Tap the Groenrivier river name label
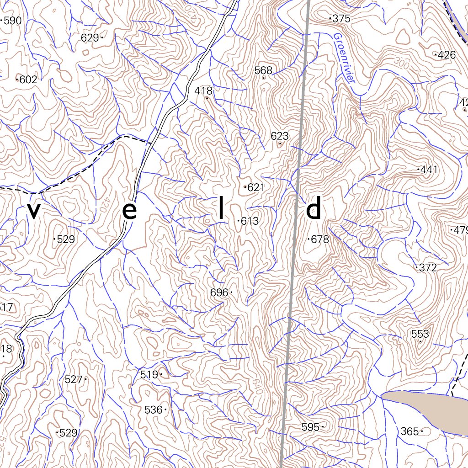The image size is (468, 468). coord(344,58)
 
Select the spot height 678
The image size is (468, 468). coord(319,239)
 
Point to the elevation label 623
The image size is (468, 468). coord(280,136)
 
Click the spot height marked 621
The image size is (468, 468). coord(256,187)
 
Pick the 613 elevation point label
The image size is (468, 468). coord(250,221)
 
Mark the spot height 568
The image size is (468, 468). coord(263,70)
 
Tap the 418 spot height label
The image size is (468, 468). coord(203,90)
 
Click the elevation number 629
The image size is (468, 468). coord(90,38)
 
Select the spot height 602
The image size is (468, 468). coord(28,80)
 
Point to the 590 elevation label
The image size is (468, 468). coord(12,21)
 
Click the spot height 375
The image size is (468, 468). coord(341,19)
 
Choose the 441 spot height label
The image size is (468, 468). coord(429,170)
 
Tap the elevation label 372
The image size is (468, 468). coord(428,268)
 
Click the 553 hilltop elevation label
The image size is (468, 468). coord(420,334)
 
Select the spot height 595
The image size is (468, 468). coord(310,427)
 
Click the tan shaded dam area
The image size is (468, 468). coord(425,409)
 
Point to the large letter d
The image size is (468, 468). coord(314,209)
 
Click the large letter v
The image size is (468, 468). coord(34,211)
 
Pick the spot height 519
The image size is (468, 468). coord(149,375)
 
